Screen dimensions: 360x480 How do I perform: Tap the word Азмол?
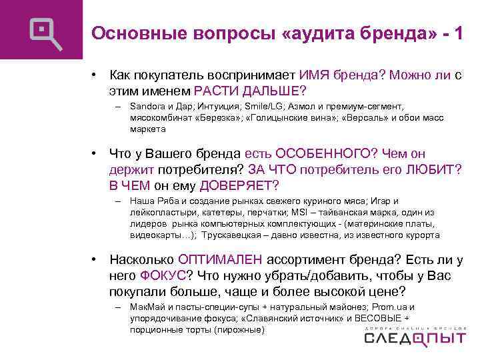pyautogui.click(x=301, y=107)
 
